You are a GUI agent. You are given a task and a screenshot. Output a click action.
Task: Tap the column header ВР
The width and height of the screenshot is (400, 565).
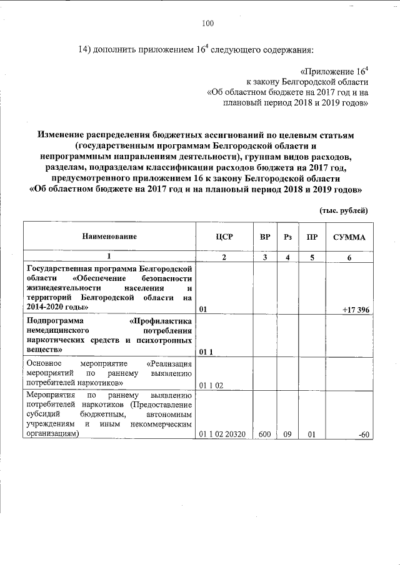265,237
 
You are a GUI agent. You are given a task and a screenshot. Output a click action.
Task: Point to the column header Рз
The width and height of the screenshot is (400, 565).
287,237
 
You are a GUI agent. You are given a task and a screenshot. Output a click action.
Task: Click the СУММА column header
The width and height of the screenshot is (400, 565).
349,237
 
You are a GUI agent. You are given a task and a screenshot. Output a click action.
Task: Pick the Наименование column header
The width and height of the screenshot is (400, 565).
108,237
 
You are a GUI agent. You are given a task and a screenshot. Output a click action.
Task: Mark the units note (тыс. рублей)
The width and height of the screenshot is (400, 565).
343,211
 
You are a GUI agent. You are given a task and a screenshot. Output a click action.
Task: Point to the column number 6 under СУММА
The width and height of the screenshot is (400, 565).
349,257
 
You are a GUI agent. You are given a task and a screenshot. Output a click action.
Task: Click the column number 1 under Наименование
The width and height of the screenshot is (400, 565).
108,257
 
